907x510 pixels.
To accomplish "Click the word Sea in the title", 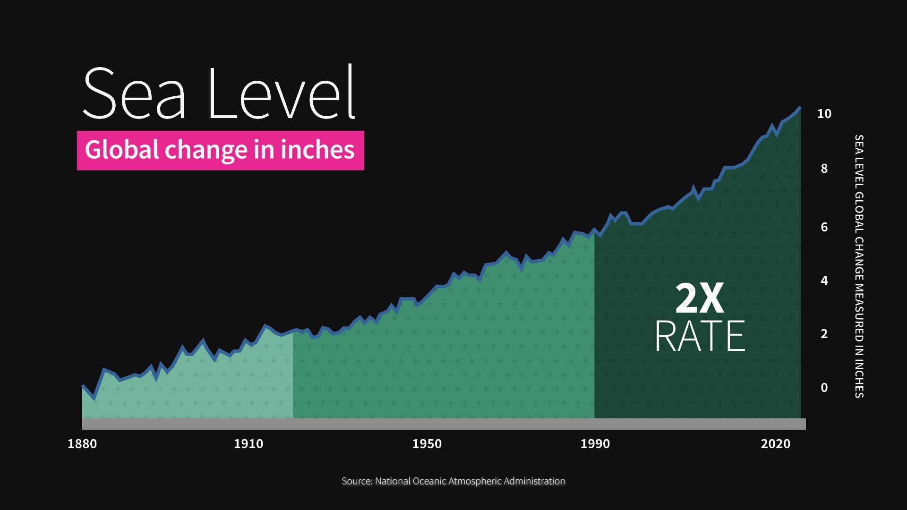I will [x=134, y=93].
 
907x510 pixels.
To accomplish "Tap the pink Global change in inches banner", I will [x=220, y=150].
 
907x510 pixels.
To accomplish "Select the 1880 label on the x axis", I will [x=82, y=444].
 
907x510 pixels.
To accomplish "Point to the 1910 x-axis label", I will [x=248, y=444].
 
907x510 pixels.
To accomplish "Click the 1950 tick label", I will [x=427, y=444].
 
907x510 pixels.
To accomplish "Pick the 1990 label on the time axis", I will [x=595, y=444].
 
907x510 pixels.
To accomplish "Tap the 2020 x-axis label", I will [x=775, y=444].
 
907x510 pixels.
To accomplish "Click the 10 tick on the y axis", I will [x=824, y=114].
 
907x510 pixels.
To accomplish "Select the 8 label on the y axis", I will [x=824, y=169].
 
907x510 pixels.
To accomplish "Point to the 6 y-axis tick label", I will [x=824, y=227].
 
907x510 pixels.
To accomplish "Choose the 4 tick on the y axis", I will [x=824, y=281].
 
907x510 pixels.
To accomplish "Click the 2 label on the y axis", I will [x=824, y=334].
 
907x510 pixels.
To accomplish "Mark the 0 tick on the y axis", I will [x=824, y=388].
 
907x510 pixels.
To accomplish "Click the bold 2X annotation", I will [x=700, y=298].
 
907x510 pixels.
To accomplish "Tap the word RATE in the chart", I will [x=700, y=336].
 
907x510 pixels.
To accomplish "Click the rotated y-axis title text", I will [x=859, y=266].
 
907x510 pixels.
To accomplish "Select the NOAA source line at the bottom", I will [x=453, y=481].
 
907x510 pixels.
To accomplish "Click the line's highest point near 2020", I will [x=799, y=108].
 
